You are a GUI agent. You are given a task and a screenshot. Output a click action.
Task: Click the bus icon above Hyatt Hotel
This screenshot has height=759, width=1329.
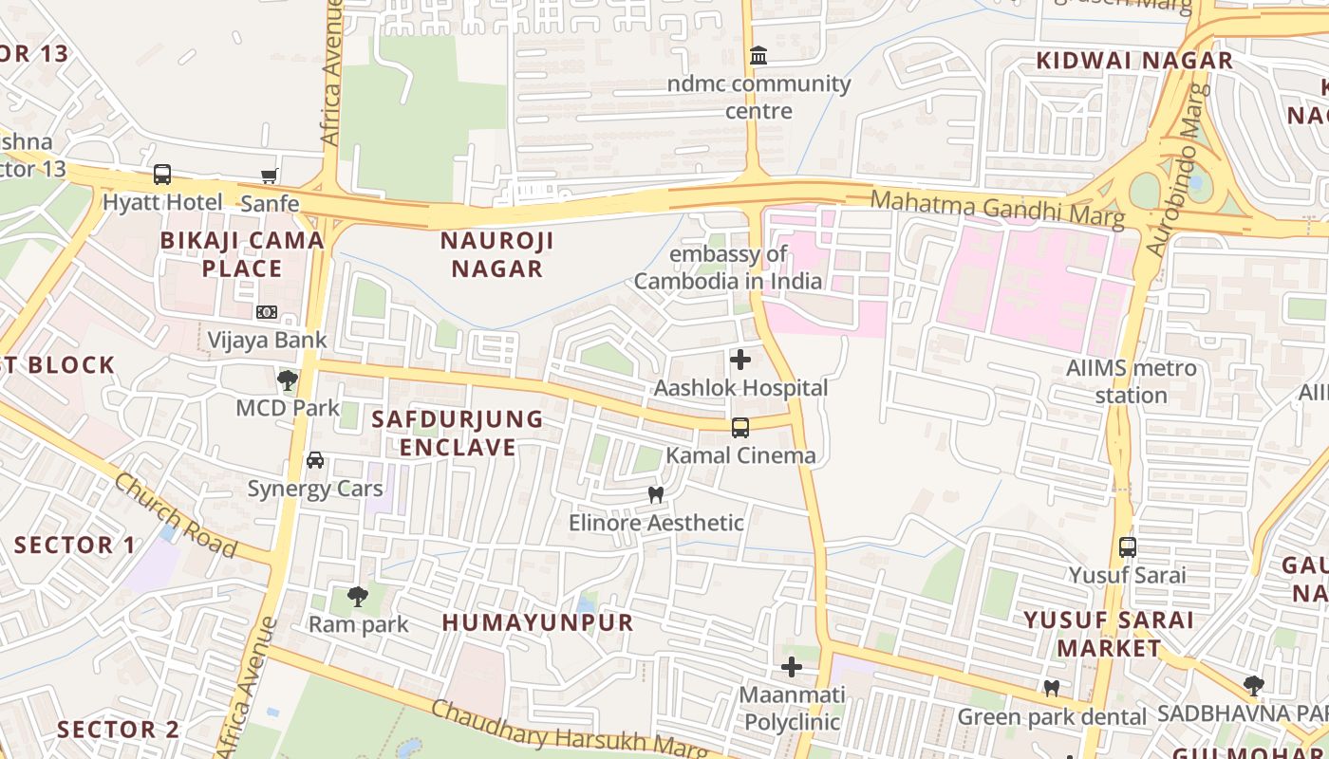point(162,175)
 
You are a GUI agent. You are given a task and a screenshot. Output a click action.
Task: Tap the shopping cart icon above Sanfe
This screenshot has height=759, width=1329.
point(270,176)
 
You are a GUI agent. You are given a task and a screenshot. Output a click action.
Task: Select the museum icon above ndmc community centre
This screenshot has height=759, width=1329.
point(758,56)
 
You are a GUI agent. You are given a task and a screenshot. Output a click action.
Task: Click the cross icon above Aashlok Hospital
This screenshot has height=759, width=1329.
point(740,360)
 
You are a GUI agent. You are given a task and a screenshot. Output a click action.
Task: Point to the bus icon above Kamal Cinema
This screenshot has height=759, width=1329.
point(740,428)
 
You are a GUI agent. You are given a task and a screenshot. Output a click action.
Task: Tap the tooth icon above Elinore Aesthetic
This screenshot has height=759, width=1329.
point(655,494)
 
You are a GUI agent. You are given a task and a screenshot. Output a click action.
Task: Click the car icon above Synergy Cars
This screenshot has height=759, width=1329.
point(315,460)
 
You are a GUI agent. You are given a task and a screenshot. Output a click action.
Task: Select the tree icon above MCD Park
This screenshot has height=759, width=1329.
point(288,380)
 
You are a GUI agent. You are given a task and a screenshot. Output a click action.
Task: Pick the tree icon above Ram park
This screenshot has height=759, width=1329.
point(358,596)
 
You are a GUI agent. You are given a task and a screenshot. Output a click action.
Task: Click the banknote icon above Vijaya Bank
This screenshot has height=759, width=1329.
point(267,312)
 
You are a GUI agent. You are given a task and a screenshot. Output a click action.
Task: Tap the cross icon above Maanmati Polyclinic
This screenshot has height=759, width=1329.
point(792,667)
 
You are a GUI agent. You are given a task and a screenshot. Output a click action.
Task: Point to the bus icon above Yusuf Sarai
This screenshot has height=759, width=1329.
point(1128,547)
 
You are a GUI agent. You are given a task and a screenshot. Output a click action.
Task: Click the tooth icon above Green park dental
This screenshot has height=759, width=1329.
point(1052,688)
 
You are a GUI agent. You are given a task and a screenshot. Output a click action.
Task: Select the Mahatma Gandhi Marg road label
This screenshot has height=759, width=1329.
point(997,209)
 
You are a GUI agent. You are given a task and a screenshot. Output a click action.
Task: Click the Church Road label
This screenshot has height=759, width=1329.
point(176,515)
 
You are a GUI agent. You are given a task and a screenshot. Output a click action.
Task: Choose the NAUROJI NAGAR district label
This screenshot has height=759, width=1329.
point(497,254)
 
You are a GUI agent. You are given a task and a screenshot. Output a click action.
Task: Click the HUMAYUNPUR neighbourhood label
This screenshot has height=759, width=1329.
point(538,622)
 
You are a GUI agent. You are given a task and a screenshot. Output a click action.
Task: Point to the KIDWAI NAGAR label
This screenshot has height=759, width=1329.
point(1134,61)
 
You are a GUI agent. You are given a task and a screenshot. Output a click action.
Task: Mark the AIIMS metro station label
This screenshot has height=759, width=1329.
point(1132,381)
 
